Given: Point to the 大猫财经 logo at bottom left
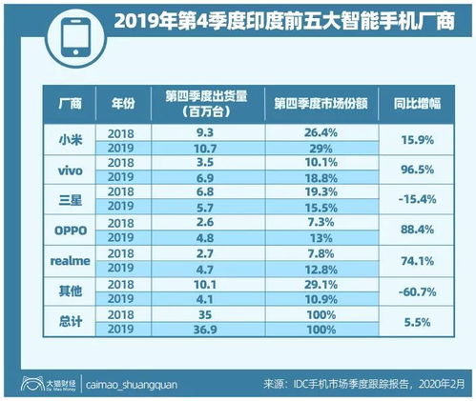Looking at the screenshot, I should click(39, 385).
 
